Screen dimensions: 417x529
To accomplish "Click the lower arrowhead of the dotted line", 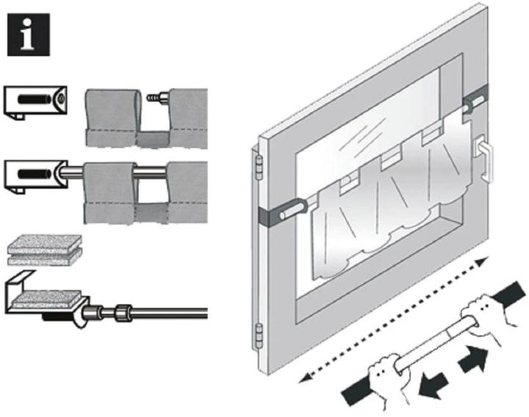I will (x=302, y=377).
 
